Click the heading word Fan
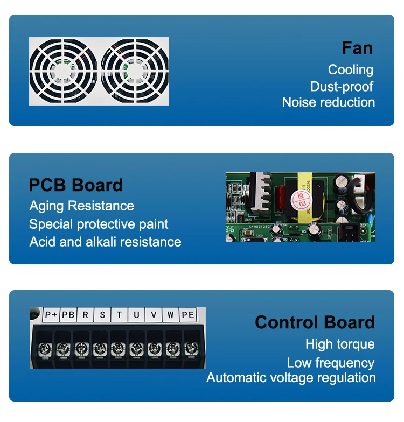coord(357,48)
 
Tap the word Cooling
coord(350,69)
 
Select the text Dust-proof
coord(342,86)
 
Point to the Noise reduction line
coord(328,102)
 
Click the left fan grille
coord(64,71)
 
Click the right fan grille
coord(134,71)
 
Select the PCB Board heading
coord(75,185)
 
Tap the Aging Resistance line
coord(81,206)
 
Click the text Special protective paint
coord(99,224)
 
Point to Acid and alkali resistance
coord(105,242)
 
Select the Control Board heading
coord(315,322)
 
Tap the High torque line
coord(339,344)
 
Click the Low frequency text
coord(330,363)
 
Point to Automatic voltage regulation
coord(291,377)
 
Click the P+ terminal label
coord(51,315)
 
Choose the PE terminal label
coord(187,315)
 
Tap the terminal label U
coord(136,315)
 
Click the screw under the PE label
coord(190,348)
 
